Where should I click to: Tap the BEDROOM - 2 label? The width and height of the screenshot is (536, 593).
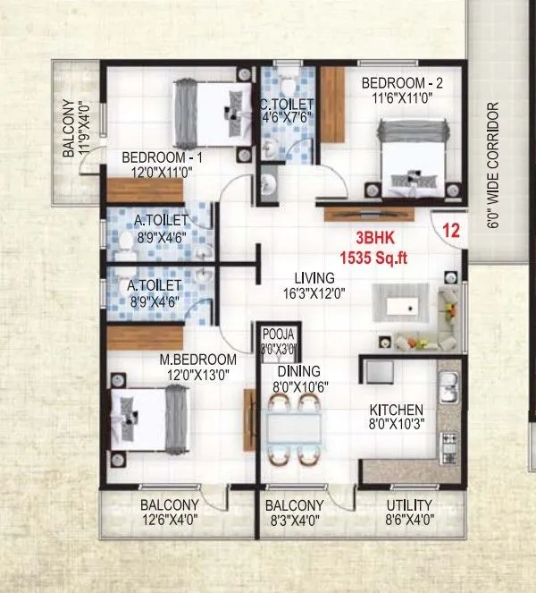(x=403, y=83)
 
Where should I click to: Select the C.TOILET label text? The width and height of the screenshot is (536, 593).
(x=285, y=103)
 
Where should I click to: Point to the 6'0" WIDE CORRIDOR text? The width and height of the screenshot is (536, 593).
(x=493, y=165)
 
